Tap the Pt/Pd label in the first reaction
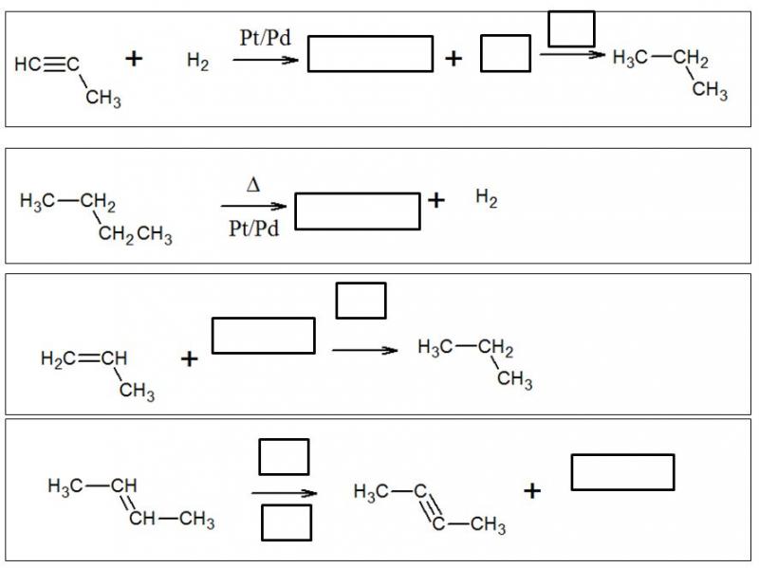click(265, 38)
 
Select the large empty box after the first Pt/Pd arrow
click(370, 54)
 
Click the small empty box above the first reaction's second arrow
click(571, 28)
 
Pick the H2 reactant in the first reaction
click(197, 62)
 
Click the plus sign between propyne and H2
click(134, 60)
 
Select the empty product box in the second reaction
click(357, 211)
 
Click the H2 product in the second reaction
click(486, 199)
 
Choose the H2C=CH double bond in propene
click(85, 358)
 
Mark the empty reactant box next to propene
click(263, 336)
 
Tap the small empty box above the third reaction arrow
click(361, 301)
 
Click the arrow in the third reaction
click(364, 351)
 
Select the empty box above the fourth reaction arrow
click(284, 456)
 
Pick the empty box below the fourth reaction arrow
click(287, 522)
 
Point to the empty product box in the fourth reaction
click(622, 472)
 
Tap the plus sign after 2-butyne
click(532, 491)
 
